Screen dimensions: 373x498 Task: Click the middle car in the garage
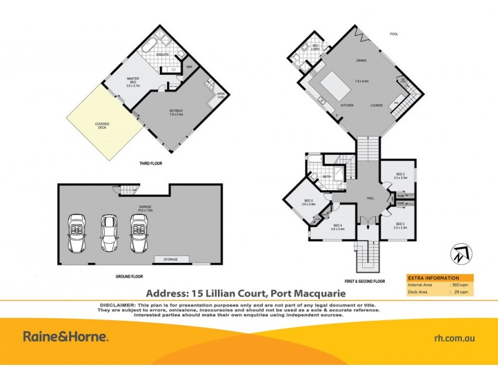coord(110,233)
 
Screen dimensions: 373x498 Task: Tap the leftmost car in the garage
coord(77,233)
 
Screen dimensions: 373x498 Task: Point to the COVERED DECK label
coord(102,125)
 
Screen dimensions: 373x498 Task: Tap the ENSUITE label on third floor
coord(162,54)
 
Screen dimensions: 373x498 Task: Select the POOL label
coord(393,34)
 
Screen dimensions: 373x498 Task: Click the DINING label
coord(361,60)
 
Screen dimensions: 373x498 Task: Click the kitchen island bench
coord(335,83)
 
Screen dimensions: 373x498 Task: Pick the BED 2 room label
coord(400,176)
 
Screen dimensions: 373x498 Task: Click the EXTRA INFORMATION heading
coord(433,278)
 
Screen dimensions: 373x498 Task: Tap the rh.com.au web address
coord(454,338)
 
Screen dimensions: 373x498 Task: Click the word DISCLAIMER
coord(118,305)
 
